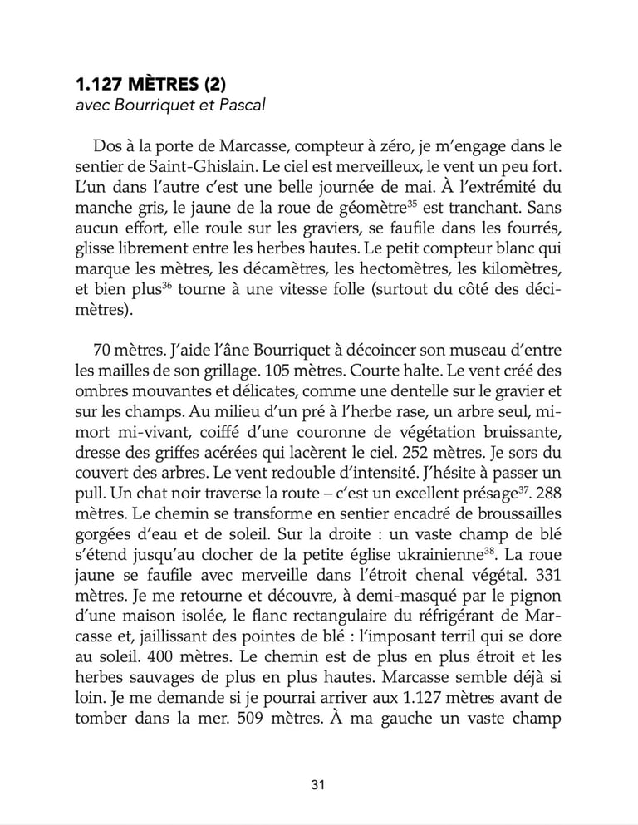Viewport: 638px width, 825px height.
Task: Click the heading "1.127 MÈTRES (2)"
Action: pyautogui.click(x=150, y=85)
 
